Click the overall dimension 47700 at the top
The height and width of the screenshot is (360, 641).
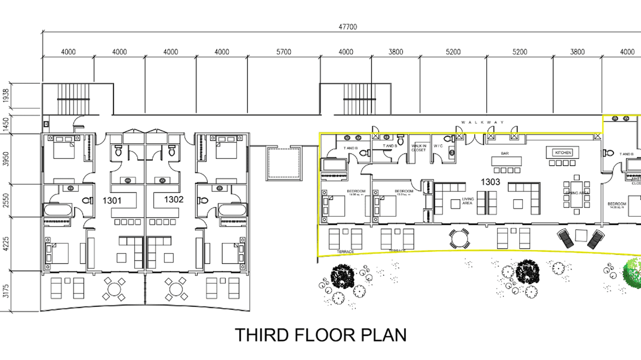(348, 27)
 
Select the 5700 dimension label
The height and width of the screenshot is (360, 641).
(284, 52)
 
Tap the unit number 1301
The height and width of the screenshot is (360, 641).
(112, 201)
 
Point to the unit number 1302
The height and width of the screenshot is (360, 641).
(174, 200)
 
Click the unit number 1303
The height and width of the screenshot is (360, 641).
(490, 182)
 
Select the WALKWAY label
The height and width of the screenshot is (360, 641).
(482, 123)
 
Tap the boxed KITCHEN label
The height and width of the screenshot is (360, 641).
(563, 153)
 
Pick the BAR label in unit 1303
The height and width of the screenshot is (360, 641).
(504, 154)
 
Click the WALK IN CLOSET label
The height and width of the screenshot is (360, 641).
(419, 148)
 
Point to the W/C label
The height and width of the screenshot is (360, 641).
(438, 146)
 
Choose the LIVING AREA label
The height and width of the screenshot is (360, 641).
(468, 201)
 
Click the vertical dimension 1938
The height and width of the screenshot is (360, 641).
(6, 98)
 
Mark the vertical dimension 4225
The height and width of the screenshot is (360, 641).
(6, 244)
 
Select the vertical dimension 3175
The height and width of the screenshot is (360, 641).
(6, 291)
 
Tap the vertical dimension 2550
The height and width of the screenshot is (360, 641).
(6, 201)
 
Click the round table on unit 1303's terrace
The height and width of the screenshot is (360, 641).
(459, 238)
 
